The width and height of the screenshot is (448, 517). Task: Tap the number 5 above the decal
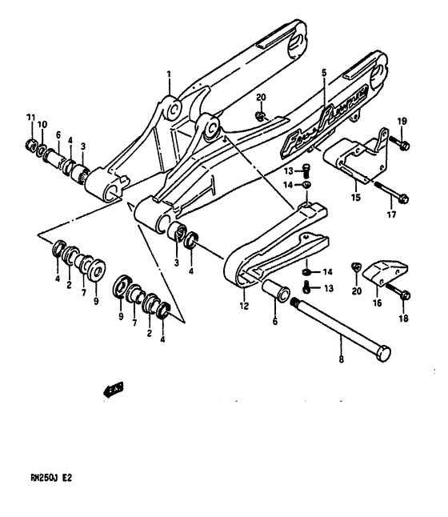click(x=324, y=73)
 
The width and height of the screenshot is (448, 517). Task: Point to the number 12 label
click(x=244, y=305)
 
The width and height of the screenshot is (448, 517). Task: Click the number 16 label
click(x=378, y=304)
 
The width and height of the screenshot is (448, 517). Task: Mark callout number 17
click(x=391, y=215)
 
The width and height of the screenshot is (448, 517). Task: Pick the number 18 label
click(x=402, y=317)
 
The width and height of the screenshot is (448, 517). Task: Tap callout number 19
click(x=402, y=121)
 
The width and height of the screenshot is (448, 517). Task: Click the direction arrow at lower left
click(x=113, y=390)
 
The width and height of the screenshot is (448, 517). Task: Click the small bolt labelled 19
click(x=402, y=146)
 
